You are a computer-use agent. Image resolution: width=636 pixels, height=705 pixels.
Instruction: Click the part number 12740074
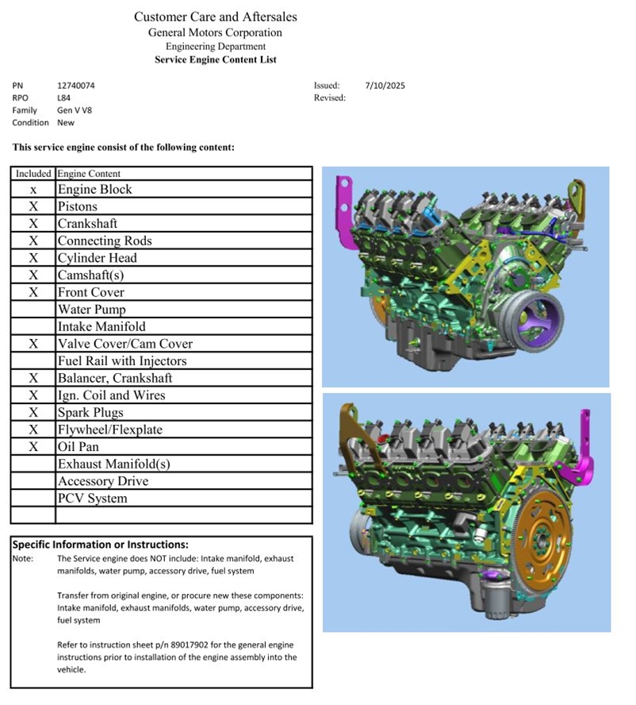click(x=76, y=86)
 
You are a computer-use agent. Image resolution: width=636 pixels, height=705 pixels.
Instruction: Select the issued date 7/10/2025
click(x=385, y=86)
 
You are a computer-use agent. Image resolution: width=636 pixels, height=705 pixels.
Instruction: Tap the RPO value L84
click(x=63, y=98)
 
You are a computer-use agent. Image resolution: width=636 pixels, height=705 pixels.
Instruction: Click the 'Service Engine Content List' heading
click(x=216, y=60)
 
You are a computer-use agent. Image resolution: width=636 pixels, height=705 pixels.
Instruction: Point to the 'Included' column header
click(x=33, y=174)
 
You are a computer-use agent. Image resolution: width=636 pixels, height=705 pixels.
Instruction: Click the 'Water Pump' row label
click(x=92, y=310)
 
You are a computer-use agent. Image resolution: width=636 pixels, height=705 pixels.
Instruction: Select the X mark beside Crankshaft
click(x=33, y=223)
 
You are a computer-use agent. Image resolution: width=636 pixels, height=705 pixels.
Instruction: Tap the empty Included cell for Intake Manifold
click(x=33, y=326)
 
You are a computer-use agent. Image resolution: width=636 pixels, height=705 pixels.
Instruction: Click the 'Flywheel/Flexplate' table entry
click(x=110, y=430)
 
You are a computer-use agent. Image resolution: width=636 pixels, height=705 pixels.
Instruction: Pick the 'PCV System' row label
click(x=93, y=498)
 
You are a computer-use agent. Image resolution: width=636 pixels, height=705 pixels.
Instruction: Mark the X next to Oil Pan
click(x=33, y=446)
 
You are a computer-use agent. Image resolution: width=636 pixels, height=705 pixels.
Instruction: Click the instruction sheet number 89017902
click(x=190, y=645)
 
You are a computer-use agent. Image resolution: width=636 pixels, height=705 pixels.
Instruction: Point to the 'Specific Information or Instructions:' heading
click(x=100, y=545)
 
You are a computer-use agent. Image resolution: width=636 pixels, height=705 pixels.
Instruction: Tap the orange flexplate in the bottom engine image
click(x=544, y=537)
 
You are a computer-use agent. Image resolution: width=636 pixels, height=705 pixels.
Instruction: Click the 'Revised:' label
click(x=330, y=98)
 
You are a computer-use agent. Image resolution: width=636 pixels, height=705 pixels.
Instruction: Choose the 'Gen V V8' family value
click(x=75, y=110)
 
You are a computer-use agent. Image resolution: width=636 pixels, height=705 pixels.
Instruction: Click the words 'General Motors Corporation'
click(x=215, y=33)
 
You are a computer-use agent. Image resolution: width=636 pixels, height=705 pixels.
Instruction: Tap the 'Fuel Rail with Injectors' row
click(x=122, y=360)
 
